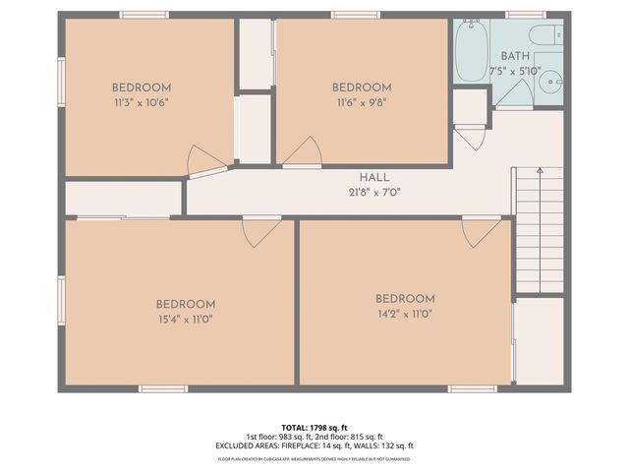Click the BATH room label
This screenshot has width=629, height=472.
515,56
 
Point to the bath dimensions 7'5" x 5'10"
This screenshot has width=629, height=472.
515,72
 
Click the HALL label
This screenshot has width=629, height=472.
373,177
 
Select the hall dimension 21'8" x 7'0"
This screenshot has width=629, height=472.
373,192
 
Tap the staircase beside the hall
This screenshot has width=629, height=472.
539,231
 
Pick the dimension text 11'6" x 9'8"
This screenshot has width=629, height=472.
362,101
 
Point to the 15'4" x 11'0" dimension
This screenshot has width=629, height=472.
185,319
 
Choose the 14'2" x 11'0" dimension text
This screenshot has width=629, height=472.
404,314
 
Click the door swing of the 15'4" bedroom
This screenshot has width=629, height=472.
260,232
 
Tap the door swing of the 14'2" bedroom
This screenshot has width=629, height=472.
481,232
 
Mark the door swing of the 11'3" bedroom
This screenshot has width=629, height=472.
206,160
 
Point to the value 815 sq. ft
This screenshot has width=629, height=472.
365,437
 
